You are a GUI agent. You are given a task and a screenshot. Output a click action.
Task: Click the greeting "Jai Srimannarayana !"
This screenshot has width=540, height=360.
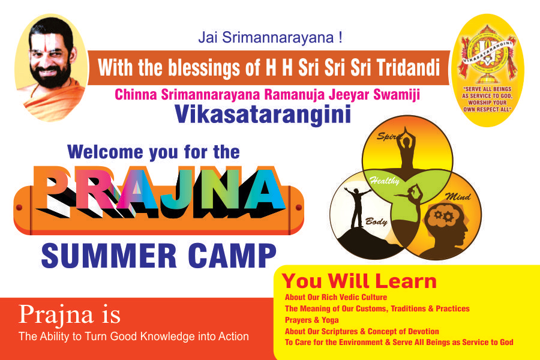[x=271, y=37]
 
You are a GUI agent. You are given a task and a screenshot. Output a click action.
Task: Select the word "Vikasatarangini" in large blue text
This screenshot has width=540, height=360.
[x=263, y=115]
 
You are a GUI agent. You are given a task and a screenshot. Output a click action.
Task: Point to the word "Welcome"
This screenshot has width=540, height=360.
[x=105, y=152]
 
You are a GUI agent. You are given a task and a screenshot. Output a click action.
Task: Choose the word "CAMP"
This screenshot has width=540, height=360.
[x=232, y=256]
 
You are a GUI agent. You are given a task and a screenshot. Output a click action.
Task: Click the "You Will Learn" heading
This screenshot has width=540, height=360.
[x=359, y=281]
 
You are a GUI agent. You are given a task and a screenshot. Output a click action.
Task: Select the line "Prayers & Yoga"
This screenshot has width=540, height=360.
[x=311, y=320]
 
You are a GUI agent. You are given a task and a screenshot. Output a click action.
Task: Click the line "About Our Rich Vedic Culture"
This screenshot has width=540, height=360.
[x=336, y=297]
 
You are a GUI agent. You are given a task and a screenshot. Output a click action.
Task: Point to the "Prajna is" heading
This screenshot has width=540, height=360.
[x=70, y=315]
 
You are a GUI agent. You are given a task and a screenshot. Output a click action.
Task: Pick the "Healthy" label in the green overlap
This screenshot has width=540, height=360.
[x=385, y=181]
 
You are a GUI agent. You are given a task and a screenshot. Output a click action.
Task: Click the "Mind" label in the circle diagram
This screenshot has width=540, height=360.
[x=458, y=196]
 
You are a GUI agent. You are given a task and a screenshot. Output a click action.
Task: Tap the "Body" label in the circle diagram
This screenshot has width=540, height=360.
[x=376, y=221]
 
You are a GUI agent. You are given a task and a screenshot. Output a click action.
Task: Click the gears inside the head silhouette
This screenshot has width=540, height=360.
[x=443, y=216]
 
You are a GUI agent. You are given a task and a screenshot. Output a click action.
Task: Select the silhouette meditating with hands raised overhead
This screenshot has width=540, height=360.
[x=406, y=148]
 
